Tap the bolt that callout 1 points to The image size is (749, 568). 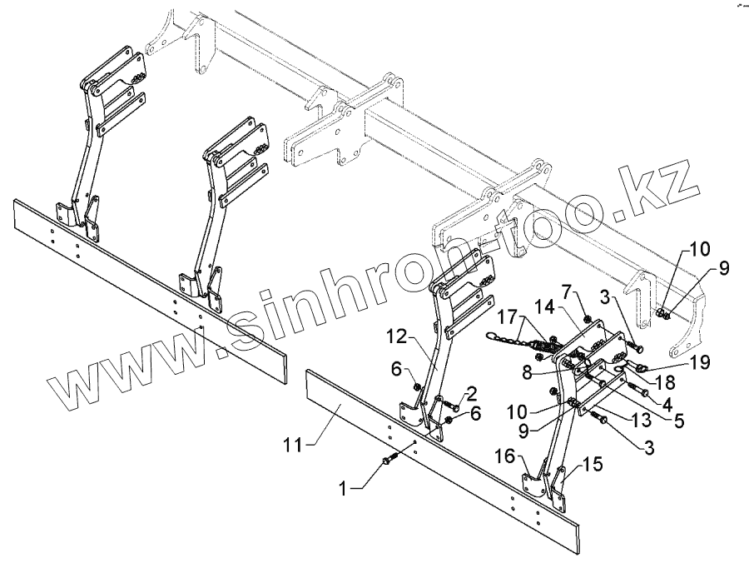pos(389,459)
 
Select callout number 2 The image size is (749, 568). pos(472,391)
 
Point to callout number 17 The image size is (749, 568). pos(507,317)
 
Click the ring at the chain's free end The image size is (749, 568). pos(491,336)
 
